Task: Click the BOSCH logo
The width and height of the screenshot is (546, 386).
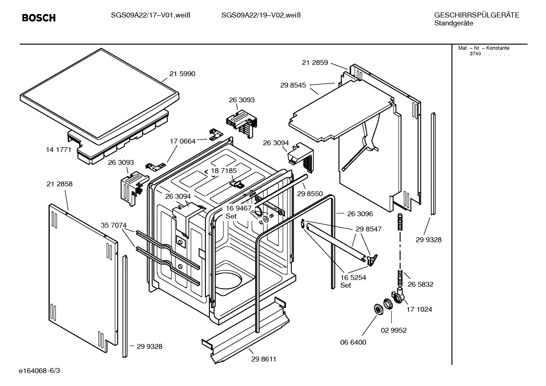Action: click(x=39, y=18)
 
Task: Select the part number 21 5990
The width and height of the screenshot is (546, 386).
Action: click(x=182, y=74)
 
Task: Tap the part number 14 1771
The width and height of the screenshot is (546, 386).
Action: click(x=58, y=150)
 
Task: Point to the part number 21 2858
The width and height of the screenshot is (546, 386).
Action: click(x=59, y=184)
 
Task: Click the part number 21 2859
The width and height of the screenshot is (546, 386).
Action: click(x=315, y=63)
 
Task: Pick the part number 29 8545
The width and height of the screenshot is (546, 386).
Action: click(x=293, y=86)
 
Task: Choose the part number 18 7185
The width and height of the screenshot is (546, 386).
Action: click(x=224, y=171)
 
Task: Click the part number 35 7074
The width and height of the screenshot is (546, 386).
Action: click(x=114, y=225)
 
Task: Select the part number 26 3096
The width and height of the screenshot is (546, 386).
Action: click(x=360, y=214)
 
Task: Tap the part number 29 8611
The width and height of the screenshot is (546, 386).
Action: click(x=264, y=359)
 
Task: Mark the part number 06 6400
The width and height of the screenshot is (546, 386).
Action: click(x=353, y=342)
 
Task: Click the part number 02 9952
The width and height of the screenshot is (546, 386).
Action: click(x=393, y=330)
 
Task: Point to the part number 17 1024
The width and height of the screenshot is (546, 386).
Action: click(x=419, y=309)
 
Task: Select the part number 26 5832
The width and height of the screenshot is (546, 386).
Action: click(x=420, y=284)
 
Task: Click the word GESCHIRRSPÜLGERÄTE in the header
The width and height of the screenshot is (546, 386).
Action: click(x=476, y=16)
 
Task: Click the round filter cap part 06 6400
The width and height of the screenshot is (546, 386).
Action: click(x=378, y=309)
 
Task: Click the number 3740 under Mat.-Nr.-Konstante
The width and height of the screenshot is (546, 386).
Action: click(x=475, y=54)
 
